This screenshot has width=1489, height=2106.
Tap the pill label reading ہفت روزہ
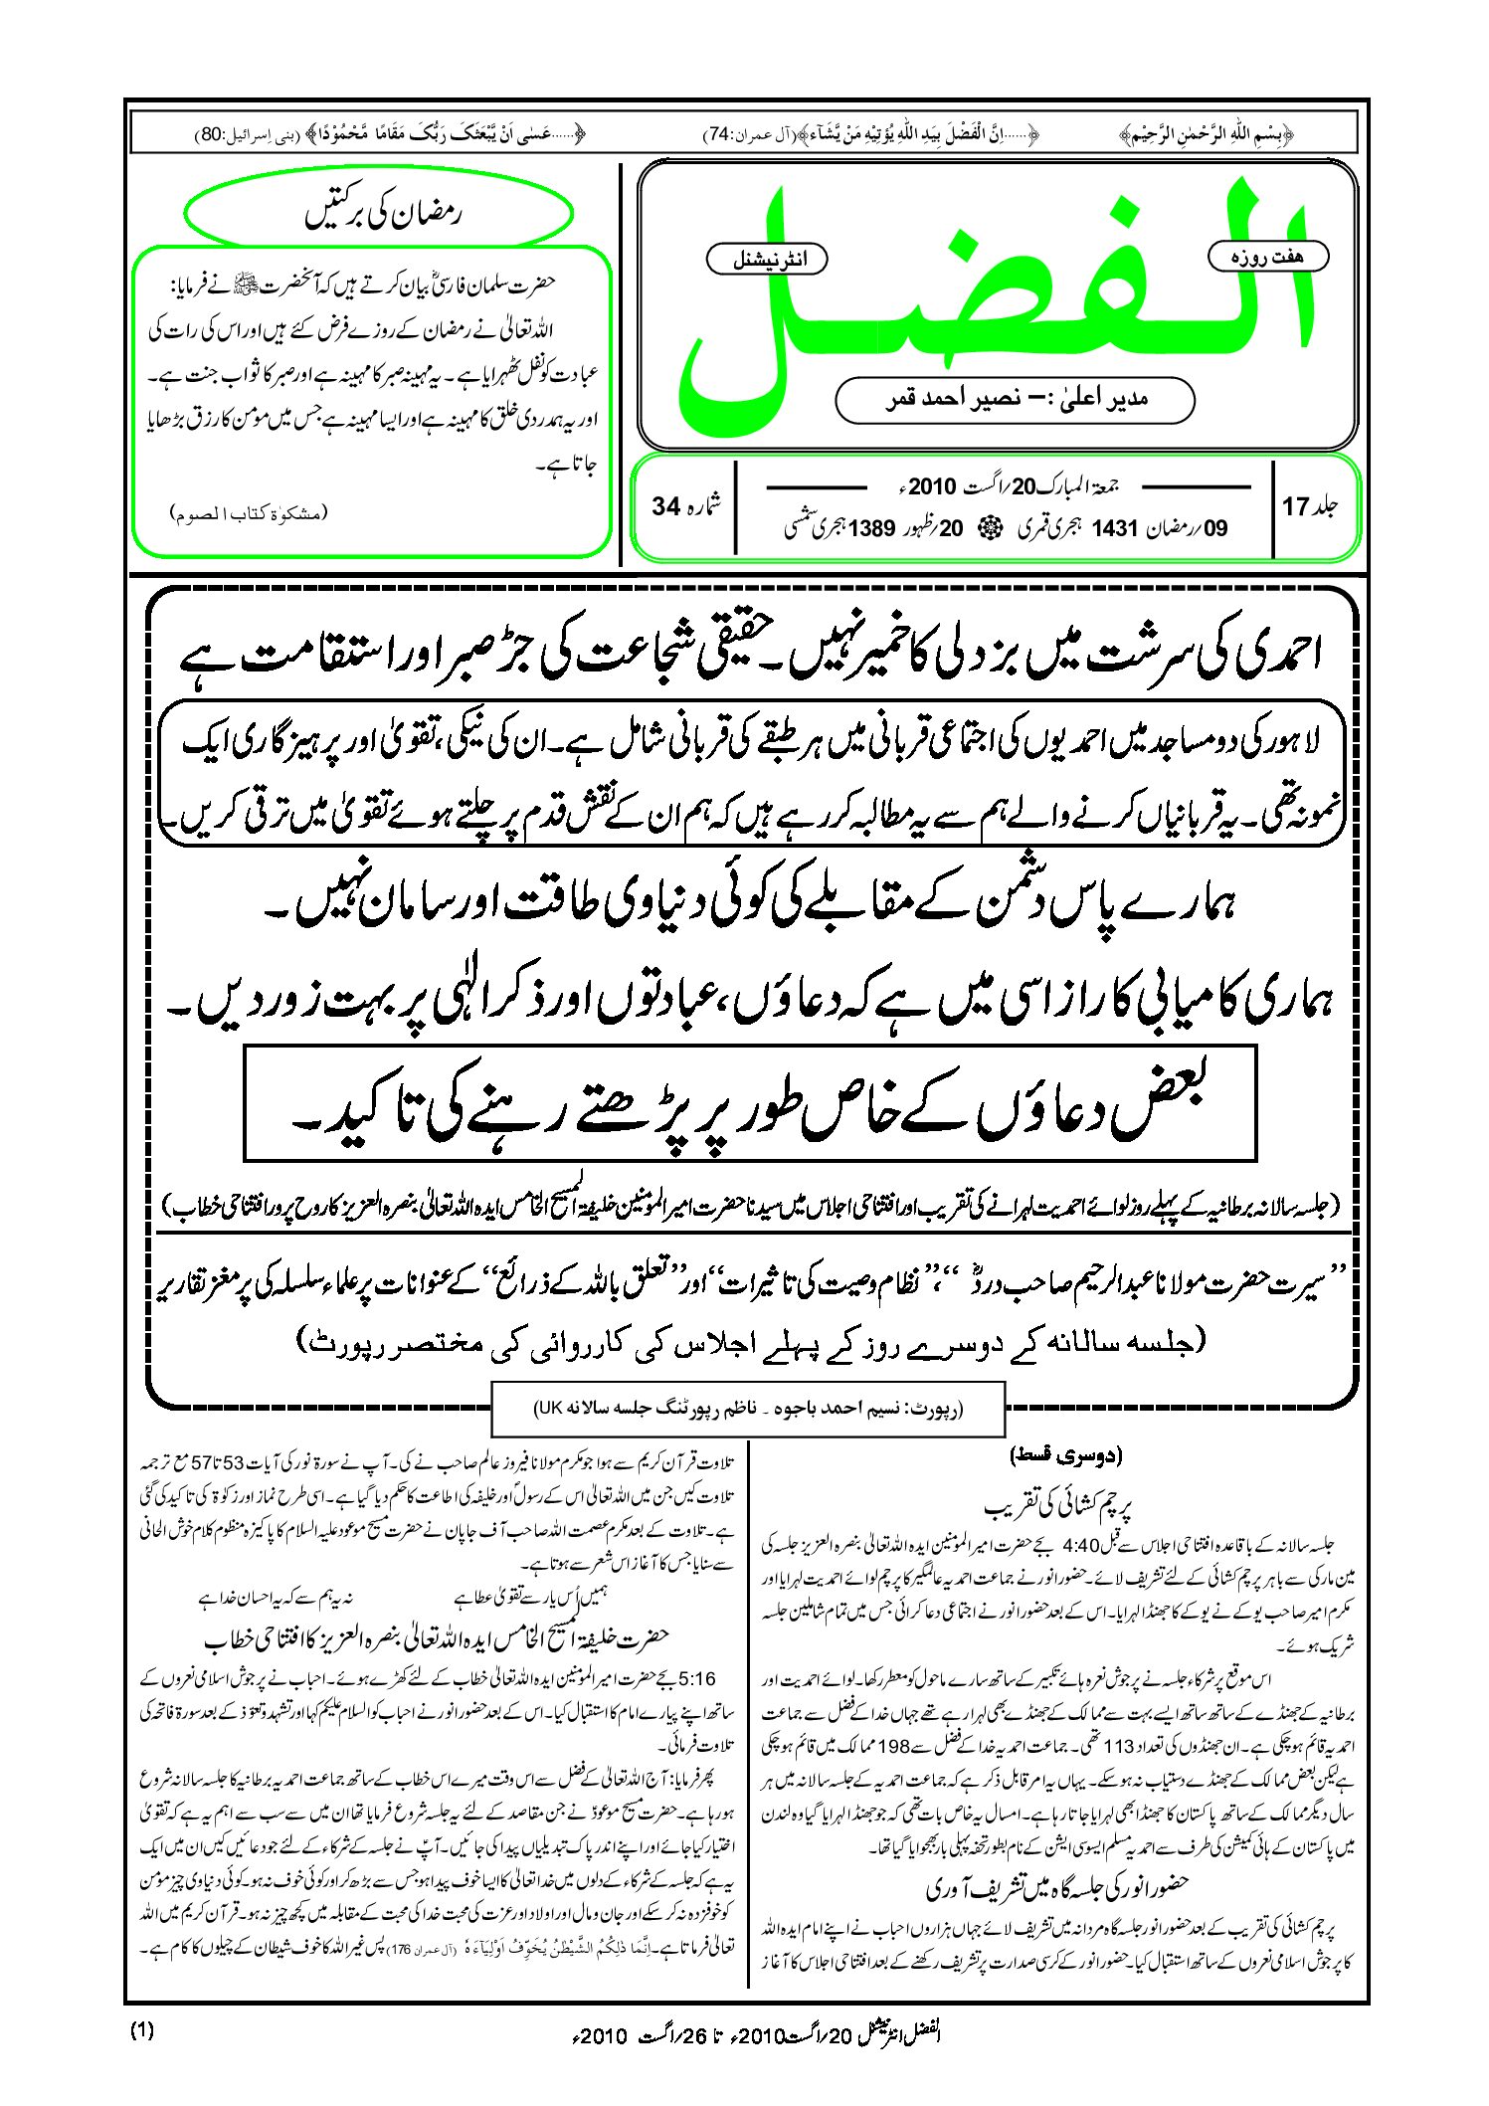1267,257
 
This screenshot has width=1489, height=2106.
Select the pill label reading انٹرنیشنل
767,260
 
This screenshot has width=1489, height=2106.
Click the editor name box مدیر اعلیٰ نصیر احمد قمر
1015,400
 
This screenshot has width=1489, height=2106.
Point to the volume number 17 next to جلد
1295,506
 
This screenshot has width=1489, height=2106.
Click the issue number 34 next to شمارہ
665,506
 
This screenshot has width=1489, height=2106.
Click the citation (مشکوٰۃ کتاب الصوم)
248,513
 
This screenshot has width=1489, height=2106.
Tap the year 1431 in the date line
1114,528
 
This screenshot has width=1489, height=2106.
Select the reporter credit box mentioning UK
748,1409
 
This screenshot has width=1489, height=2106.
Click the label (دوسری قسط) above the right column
1065,1456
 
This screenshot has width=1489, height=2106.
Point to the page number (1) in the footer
142,2031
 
